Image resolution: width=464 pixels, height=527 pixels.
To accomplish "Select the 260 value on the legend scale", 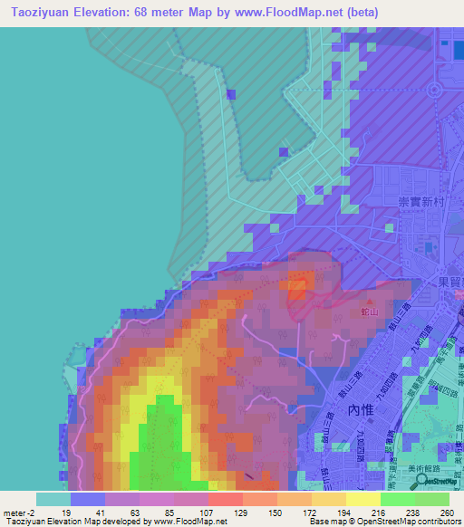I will [x=445, y=513].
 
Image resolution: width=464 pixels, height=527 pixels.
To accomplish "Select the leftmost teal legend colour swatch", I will [x=53, y=498].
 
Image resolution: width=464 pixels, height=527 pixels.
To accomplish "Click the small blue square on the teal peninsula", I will [x=230, y=94].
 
